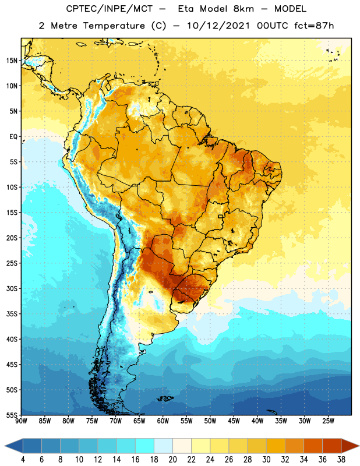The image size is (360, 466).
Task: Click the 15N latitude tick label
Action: point(12,61)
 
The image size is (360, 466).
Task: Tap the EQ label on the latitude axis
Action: point(13,137)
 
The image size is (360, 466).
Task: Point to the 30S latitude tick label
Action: point(12,288)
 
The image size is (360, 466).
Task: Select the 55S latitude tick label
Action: point(12,415)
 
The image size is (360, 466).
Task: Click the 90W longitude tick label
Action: point(21,421)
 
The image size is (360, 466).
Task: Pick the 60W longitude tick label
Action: point(163,421)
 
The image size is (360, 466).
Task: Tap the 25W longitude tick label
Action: point(328,421)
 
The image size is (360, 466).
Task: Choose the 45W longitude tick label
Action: point(234,421)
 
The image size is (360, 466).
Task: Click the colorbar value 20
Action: point(172,460)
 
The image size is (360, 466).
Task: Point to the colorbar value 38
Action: point(341,460)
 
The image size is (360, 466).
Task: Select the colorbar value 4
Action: point(23,460)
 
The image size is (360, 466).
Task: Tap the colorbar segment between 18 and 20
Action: point(163,446)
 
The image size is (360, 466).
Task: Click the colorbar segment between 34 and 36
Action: point(313,446)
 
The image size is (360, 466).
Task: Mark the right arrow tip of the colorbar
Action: point(359,446)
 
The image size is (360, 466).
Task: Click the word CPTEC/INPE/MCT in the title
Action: point(110,9)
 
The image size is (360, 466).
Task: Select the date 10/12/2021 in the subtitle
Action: point(218,26)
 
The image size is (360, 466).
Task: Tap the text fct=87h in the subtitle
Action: point(314,26)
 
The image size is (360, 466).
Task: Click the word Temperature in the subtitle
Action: point(114,26)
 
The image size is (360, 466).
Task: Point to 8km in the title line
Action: point(243,9)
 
